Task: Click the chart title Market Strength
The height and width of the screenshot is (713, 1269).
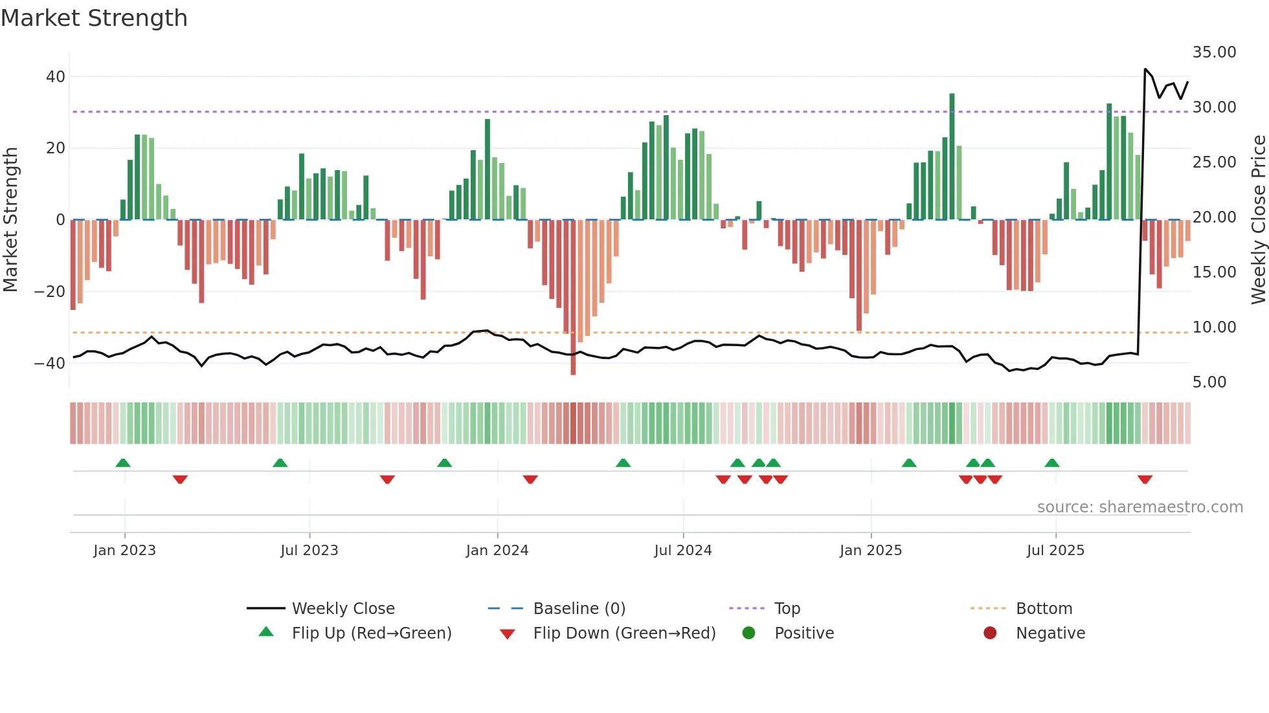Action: click(x=94, y=18)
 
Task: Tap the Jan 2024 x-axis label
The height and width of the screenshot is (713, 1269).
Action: click(x=497, y=551)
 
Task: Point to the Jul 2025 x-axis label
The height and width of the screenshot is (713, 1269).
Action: click(x=1055, y=551)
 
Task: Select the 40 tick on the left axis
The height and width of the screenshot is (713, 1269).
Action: click(x=56, y=77)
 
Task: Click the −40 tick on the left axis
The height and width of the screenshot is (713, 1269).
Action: click(x=50, y=364)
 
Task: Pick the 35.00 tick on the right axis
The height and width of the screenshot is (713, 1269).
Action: click(x=1214, y=52)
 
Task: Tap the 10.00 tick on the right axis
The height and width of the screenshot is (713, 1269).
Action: click(x=1214, y=327)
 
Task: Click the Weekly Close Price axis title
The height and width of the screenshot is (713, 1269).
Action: click(x=1258, y=220)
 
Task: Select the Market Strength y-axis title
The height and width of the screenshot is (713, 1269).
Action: click(x=11, y=220)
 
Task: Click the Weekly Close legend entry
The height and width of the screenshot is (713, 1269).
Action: click(x=343, y=609)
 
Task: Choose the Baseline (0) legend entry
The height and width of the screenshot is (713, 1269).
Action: click(x=579, y=609)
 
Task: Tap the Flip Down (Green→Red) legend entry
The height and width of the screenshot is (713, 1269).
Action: click(x=624, y=633)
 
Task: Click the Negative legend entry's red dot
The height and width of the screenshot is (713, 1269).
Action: click(x=989, y=633)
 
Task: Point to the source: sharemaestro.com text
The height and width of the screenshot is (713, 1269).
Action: click(x=1140, y=507)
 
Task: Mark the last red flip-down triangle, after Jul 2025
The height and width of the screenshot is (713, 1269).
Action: click(x=1144, y=479)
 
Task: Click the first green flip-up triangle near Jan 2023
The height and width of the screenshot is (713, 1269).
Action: click(x=123, y=463)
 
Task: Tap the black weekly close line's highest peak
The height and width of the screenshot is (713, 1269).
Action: click(x=1145, y=69)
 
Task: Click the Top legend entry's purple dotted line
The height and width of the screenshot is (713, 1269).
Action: click(x=747, y=609)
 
